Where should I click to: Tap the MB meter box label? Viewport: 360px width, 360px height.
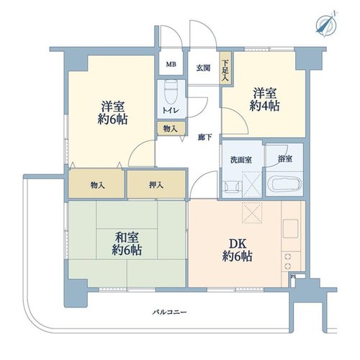[x=171, y=64]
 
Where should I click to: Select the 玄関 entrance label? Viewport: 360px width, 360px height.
[x=203, y=68]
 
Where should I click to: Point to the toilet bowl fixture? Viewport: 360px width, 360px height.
[x=171, y=91]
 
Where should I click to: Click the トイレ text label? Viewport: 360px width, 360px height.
[x=171, y=111]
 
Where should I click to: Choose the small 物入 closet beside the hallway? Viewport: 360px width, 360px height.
[x=171, y=129]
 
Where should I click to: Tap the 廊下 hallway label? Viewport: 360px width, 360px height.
[x=204, y=138]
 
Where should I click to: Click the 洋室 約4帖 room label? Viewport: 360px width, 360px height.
[x=264, y=99]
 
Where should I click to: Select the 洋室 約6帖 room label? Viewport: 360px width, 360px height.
[x=112, y=113]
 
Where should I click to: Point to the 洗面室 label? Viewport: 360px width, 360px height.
[x=241, y=160]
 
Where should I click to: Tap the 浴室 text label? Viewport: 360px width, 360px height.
[x=285, y=158]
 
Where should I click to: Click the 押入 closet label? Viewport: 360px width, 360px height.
[x=156, y=185]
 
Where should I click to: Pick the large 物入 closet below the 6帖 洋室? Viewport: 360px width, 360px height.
[x=96, y=184]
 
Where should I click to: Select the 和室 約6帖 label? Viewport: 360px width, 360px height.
[x=127, y=243]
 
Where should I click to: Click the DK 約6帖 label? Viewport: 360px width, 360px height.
[x=237, y=251]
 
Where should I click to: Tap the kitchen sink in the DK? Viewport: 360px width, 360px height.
[x=291, y=228]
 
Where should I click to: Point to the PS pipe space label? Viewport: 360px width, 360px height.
[x=292, y=276]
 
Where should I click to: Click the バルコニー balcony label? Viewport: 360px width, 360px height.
[x=170, y=312]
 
